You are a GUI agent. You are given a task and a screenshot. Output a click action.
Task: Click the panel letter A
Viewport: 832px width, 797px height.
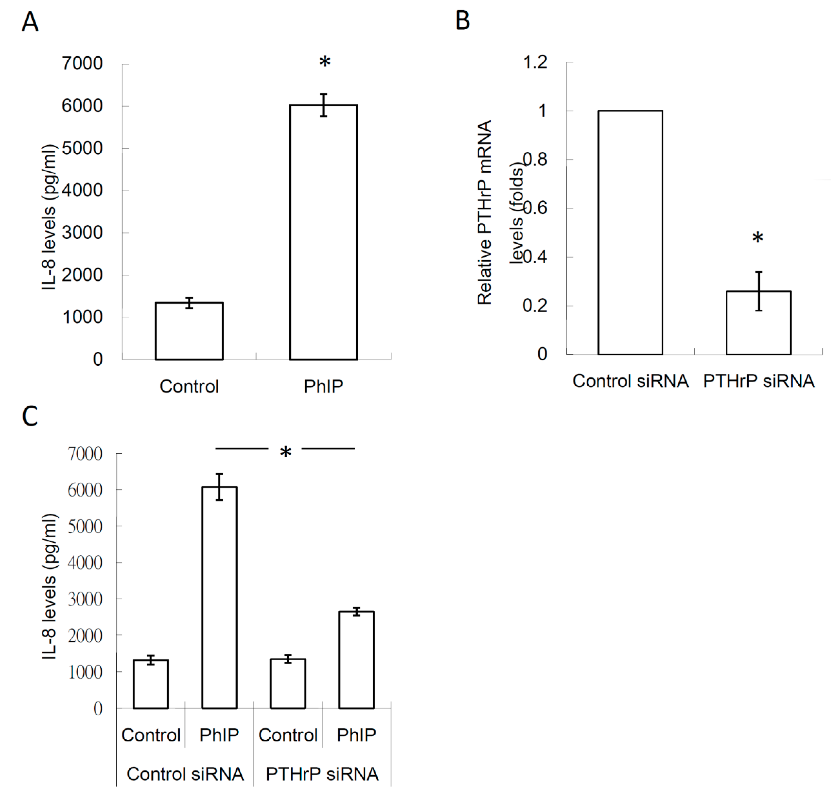30,22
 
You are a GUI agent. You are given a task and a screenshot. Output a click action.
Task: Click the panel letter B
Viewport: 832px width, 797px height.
463,20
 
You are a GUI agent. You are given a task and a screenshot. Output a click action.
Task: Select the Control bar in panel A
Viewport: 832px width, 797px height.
189,331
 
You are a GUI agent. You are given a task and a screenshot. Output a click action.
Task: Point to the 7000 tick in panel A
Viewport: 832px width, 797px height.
82,64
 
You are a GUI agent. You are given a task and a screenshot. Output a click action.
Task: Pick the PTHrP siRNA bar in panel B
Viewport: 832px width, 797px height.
758,322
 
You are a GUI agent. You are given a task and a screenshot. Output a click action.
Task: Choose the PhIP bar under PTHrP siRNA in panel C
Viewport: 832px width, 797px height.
357,660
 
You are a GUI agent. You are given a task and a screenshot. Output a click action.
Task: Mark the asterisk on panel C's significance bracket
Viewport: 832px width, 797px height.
286,452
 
